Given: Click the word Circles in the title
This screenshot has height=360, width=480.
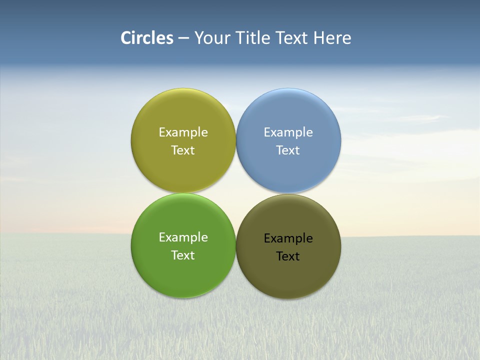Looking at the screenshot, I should (147, 38).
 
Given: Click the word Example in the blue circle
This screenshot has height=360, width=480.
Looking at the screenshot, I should (288, 132).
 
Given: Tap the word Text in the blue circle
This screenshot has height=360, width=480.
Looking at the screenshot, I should (288, 150).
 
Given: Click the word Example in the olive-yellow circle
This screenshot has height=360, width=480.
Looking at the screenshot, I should (183, 132).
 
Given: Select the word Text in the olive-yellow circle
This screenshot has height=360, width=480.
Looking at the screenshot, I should (183, 150).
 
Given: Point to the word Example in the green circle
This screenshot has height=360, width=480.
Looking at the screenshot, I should (183, 237).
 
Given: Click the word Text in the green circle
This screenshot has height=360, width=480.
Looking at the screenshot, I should (183, 255).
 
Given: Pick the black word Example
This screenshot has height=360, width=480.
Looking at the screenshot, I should (288, 238).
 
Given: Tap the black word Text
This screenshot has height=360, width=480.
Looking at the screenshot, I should (288, 256).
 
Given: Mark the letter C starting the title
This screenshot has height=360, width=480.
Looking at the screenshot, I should (126, 38).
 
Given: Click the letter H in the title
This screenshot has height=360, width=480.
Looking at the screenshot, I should (319, 38).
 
